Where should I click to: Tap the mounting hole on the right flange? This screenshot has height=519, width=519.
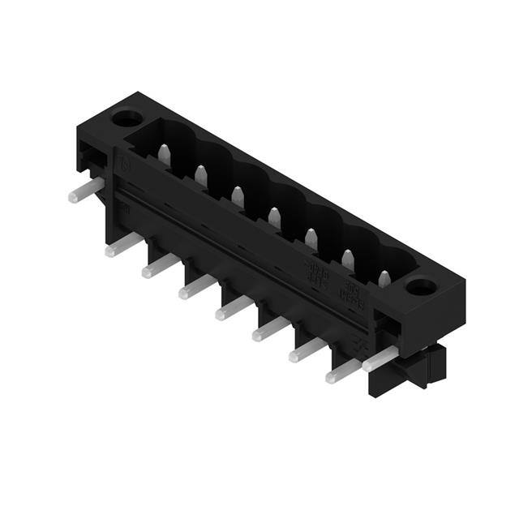[422, 286]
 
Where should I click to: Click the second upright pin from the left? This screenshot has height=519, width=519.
[200, 174]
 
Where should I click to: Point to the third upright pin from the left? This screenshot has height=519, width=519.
[238, 195]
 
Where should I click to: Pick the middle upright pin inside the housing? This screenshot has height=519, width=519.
[274, 217]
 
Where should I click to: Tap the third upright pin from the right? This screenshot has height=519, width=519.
[311, 238]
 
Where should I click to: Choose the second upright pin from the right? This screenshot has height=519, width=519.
[348, 259]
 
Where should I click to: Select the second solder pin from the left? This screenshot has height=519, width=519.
[122, 245]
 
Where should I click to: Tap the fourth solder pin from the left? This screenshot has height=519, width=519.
[195, 287]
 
